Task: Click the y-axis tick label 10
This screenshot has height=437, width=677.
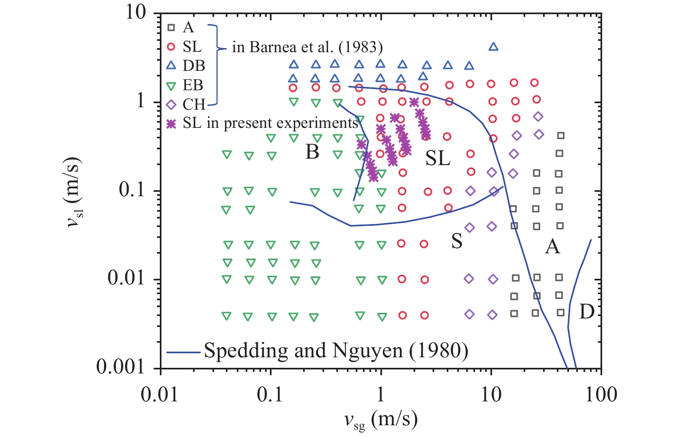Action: [135, 13]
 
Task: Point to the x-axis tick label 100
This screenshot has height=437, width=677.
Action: [601, 395]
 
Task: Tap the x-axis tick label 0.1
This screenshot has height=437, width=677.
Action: [270, 395]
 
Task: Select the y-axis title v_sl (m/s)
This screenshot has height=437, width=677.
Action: [75, 190]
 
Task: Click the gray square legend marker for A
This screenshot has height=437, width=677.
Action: [171, 28]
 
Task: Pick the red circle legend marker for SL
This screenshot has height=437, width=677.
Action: [171, 47]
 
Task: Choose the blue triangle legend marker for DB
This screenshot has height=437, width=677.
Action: [171, 66]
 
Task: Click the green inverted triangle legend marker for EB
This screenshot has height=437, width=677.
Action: [171, 85]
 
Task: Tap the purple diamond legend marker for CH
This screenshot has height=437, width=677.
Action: [171, 105]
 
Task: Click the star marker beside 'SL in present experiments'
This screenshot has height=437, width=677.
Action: [172, 123]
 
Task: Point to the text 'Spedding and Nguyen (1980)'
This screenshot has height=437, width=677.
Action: [336, 350]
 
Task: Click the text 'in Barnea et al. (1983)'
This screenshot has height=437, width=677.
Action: [307, 48]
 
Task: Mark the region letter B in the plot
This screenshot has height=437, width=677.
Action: [312, 152]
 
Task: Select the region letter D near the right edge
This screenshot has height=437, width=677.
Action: [587, 312]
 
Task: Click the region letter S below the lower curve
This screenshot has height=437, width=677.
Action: [457, 242]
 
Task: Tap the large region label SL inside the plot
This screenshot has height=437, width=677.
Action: [438, 158]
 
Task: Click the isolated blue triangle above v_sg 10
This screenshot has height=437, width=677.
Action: [493, 47]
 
